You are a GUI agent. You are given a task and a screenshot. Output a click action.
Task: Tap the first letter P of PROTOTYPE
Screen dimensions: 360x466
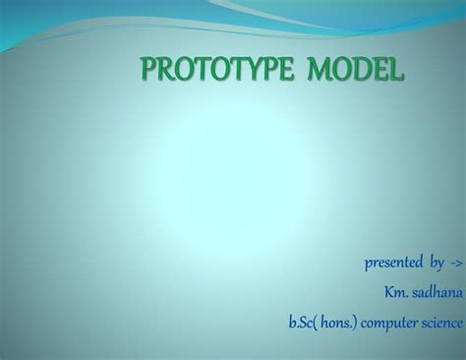click(149, 71)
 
